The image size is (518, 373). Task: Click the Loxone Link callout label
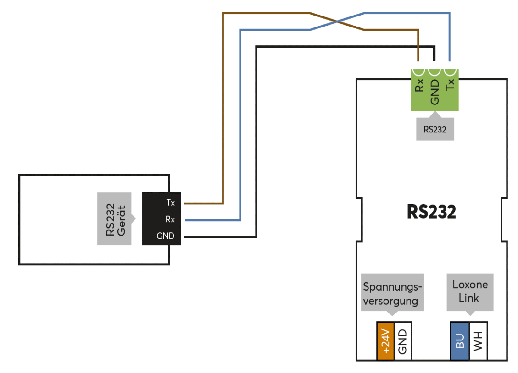point(470,291)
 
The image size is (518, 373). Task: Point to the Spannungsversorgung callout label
point(392,294)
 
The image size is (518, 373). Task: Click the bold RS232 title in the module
point(431,212)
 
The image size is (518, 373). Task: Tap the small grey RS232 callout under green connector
point(435,129)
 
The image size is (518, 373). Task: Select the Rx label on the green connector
point(419,86)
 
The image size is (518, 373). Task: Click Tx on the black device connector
point(170,203)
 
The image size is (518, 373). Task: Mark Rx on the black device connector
point(170,219)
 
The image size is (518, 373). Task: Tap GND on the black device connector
point(166,236)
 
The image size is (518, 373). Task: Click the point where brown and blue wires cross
point(337,22)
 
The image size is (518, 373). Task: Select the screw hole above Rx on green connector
point(419,71)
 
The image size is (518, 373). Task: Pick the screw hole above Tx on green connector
point(450,71)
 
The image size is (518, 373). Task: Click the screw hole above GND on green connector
point(434,71)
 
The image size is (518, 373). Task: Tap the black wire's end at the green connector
point(434,60)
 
